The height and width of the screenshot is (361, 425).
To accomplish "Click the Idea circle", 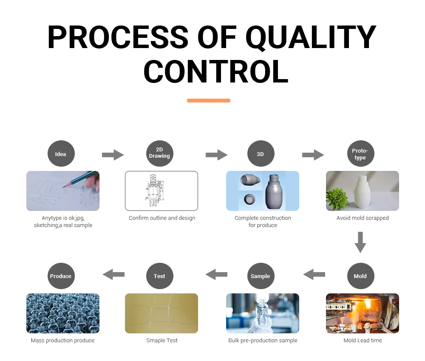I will point(61,153).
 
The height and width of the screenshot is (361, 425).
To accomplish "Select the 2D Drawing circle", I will point(159,153).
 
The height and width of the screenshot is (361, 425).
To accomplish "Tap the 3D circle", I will point(261,153).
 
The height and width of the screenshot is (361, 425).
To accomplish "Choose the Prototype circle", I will point(360,153).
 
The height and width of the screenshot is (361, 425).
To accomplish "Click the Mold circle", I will point(360,276).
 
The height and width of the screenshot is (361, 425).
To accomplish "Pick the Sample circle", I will point(261,276).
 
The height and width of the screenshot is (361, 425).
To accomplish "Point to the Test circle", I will point(159,276).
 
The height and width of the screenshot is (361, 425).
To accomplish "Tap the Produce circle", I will point(61,276).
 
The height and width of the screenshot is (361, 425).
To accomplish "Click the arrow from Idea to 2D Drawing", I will point(113,155).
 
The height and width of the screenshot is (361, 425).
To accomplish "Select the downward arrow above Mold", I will point(360,242).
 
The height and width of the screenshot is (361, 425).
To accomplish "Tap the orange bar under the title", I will point(209,101).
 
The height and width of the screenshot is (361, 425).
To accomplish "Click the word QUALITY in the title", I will point(311,37).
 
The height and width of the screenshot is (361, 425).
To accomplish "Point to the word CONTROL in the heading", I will point(216,71).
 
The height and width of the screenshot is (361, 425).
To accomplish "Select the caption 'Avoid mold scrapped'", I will point(363,218).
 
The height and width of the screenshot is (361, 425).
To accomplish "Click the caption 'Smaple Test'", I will point(162,341).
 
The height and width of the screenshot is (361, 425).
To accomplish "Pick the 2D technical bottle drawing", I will point(153,191).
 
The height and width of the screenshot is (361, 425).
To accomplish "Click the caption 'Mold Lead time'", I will point(363,341).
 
